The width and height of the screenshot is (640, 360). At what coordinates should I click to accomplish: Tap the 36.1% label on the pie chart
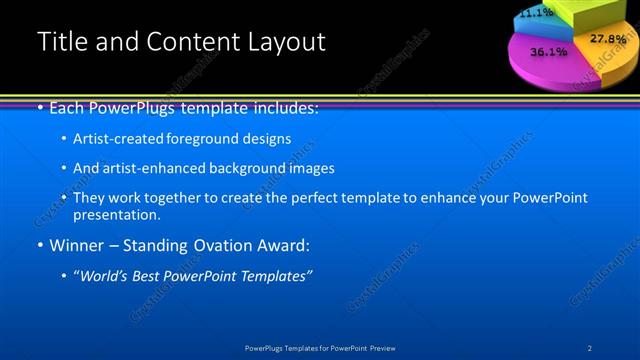click(x=548, y=50)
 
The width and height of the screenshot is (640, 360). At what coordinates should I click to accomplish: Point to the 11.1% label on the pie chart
click(x=536, y=13)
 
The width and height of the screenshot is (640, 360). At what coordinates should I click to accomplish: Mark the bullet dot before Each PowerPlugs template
click(x=39, y=107)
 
